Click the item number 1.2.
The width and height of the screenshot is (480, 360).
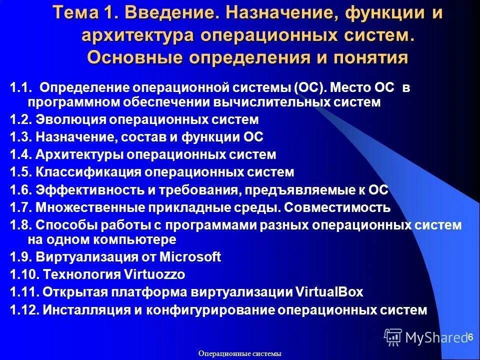[21, 120]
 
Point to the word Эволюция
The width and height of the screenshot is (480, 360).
[71, 120]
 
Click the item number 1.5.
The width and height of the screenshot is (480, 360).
[21, 172]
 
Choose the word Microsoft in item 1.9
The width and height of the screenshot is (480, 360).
[190, 257]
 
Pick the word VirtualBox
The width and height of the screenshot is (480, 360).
[330, 292]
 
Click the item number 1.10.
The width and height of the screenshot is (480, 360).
[24, 274]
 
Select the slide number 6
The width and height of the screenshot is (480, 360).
[470, 337]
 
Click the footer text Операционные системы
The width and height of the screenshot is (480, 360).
[240, 353]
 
